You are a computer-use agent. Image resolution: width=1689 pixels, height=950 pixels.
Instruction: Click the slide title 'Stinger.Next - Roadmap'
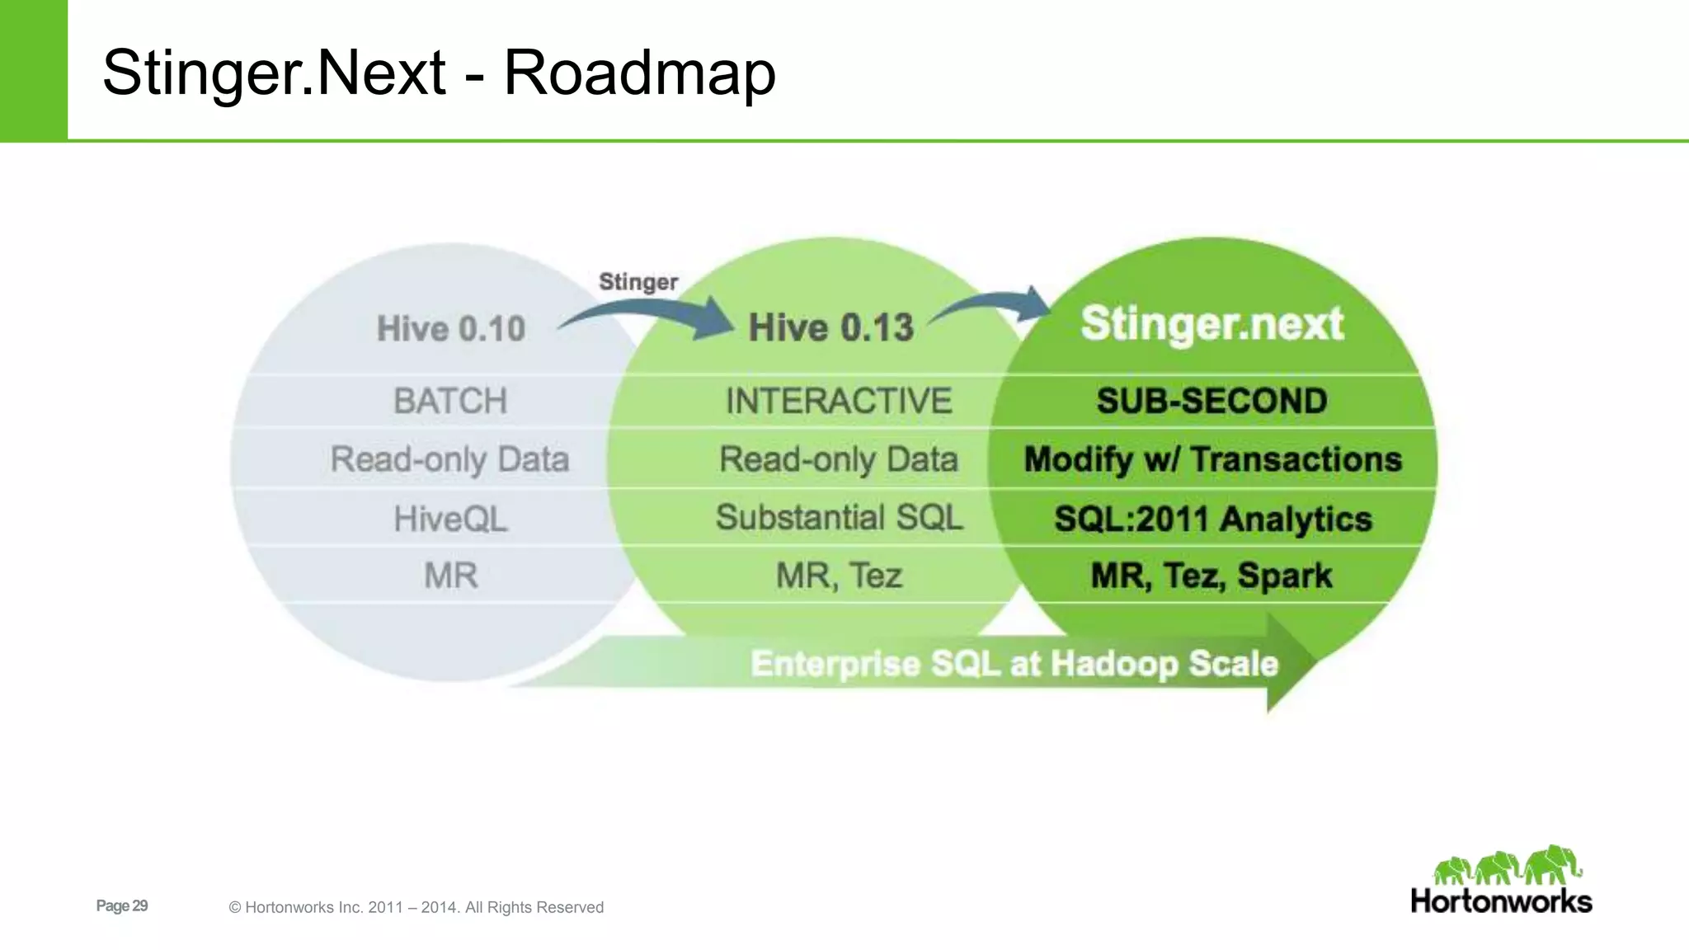click(x=439, y=73)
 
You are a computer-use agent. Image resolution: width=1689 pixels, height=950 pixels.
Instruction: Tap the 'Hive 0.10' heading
click(x=450, y=328)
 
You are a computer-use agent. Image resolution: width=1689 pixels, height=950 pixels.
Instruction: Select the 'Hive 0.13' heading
click(x=830, y=327)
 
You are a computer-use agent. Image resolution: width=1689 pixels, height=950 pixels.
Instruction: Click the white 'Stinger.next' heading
click(x=1212, y=323)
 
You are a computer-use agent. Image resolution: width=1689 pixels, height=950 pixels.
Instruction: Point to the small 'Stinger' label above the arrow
click(x=637, y=282)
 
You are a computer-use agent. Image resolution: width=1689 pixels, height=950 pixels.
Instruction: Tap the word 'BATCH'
click(x=450, y=401)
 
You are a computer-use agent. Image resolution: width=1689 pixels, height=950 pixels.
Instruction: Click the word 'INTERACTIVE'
click(x=839, y=401)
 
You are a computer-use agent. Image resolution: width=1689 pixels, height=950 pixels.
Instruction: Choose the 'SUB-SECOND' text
click(x=1211, y=401)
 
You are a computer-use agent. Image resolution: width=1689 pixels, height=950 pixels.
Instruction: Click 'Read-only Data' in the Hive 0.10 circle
click(x=450, y=459)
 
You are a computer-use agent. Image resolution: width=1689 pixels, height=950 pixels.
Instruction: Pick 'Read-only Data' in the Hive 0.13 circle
click(x=839, y=459)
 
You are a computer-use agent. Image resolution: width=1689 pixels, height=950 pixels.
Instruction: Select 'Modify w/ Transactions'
click(x=1212, y=459)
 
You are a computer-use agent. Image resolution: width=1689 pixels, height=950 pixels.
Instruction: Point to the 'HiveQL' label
click(x=450, y=519)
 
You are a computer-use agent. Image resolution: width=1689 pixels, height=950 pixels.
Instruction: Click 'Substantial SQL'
click(x=839, y=518)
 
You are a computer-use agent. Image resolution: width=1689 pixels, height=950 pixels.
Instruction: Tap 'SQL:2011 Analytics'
click(x=1212, y=519)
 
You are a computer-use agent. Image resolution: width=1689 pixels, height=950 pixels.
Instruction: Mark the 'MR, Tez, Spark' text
click(x=1211, y=576)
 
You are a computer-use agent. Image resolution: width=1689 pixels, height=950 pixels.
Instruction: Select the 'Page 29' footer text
click(x=122, y=905)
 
